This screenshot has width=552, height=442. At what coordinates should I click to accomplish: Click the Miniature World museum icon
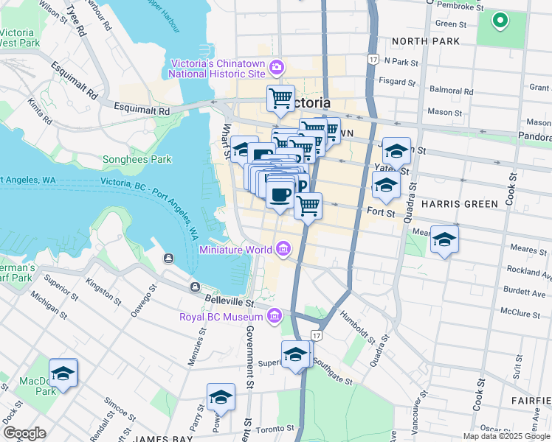click(283, 250)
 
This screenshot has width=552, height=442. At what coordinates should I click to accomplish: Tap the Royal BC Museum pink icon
click(275, 315)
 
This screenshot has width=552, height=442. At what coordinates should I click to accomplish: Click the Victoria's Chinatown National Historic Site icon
click(276, 68)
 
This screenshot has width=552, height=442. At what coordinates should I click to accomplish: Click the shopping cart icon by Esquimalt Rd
click(280, 98)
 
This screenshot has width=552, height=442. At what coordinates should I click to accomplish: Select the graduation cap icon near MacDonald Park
click(63, 373)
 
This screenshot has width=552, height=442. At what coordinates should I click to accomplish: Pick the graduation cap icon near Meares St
click(444, 239)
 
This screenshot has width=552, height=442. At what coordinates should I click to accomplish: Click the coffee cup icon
click(279, 195)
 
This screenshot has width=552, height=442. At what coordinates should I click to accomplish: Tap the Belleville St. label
click(229, 303)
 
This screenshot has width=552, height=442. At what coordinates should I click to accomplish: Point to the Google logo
click(24, 432)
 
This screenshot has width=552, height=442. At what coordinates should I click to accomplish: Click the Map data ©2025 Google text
click(506, 436)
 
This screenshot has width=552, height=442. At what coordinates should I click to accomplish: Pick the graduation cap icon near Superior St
click(295, 354)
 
